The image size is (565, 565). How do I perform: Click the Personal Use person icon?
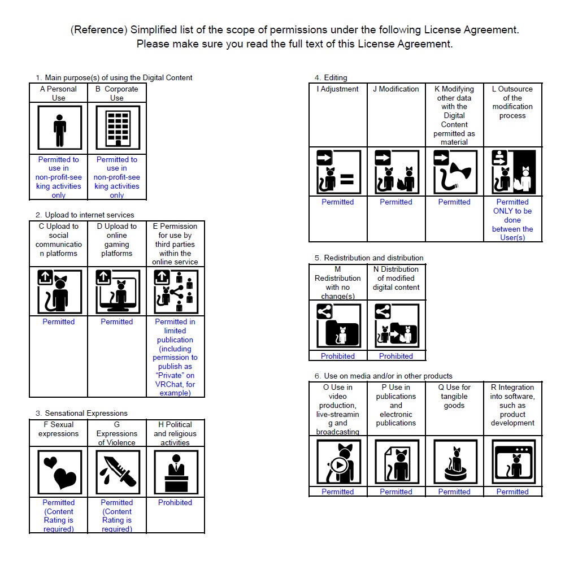[59, 128]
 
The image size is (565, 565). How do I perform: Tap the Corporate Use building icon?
[117, 128]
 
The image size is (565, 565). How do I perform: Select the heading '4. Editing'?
[331, 77]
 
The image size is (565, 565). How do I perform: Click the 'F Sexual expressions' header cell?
[59, 429]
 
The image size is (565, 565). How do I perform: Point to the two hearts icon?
[59, 472]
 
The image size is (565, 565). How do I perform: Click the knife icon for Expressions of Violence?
[117, 472]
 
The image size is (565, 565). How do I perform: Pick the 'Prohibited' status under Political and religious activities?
[175, 502]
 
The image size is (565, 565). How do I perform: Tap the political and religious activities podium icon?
[175, 472]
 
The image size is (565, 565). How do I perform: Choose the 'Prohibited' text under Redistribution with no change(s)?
[338, 356]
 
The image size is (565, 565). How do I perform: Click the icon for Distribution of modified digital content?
[396, 326]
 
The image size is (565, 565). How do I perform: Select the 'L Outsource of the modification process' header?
[512, 102]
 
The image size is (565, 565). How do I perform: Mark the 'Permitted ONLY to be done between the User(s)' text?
[512, 220]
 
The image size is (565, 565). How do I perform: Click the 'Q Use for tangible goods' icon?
[454, 462]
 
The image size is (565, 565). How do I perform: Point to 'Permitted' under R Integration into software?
[512, 492]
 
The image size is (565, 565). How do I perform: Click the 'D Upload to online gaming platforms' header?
[117, 240]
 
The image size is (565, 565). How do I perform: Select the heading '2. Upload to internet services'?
[85, 215]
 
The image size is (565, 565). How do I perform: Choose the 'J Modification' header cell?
[396, 89]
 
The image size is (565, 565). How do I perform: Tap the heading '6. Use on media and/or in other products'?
[384, 376]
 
